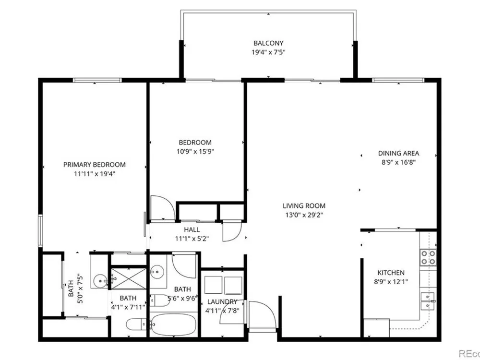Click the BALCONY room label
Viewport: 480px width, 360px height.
pos(268,43)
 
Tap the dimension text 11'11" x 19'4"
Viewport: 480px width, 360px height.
pos(94,174)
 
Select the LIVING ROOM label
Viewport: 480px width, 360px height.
pos(304,206)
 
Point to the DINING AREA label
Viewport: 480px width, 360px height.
pos(398,154)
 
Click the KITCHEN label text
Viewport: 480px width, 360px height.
pos(391,273)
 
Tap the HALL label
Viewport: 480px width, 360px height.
pos(192,229)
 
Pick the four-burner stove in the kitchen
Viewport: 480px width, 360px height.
pos(428,257)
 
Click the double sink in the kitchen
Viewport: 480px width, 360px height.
pos(428,301)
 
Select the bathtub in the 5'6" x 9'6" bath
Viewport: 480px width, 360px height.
pos(174,324)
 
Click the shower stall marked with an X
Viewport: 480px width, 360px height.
pos(129,278)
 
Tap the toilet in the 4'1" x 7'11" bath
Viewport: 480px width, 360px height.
pos(137,324)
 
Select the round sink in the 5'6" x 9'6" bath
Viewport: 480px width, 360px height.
pos(157,271)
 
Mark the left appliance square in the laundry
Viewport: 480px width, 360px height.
pos(214,285)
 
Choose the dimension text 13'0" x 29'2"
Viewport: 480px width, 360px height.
pos(304,215)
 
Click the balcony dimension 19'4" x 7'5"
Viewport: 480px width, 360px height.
pos(268,52)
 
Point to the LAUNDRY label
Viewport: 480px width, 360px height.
pos(222,301)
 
